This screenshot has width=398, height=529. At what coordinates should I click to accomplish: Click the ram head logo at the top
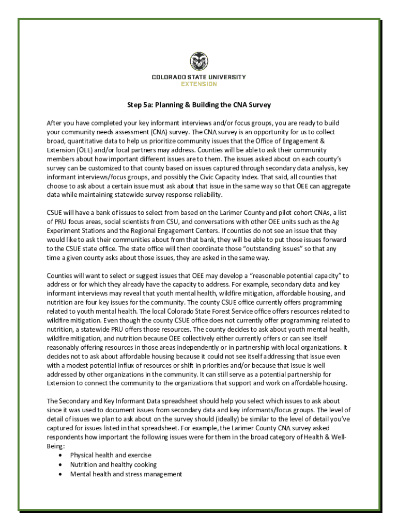tap(198, 63)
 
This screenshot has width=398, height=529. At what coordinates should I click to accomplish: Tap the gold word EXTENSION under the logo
tap(198, 84)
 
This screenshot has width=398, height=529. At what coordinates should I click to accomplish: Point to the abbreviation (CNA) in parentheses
tap(161, 132)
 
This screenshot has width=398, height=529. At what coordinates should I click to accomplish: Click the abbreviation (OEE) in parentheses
tap(76, 150)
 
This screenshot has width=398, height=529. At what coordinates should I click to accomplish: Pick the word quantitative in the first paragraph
tap(84, 141)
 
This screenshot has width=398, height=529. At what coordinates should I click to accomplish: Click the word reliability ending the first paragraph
tap(204, 195)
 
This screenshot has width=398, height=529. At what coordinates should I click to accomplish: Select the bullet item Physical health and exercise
tap(111, 455)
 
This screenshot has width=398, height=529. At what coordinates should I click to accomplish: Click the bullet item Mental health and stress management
tap(126, 474)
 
